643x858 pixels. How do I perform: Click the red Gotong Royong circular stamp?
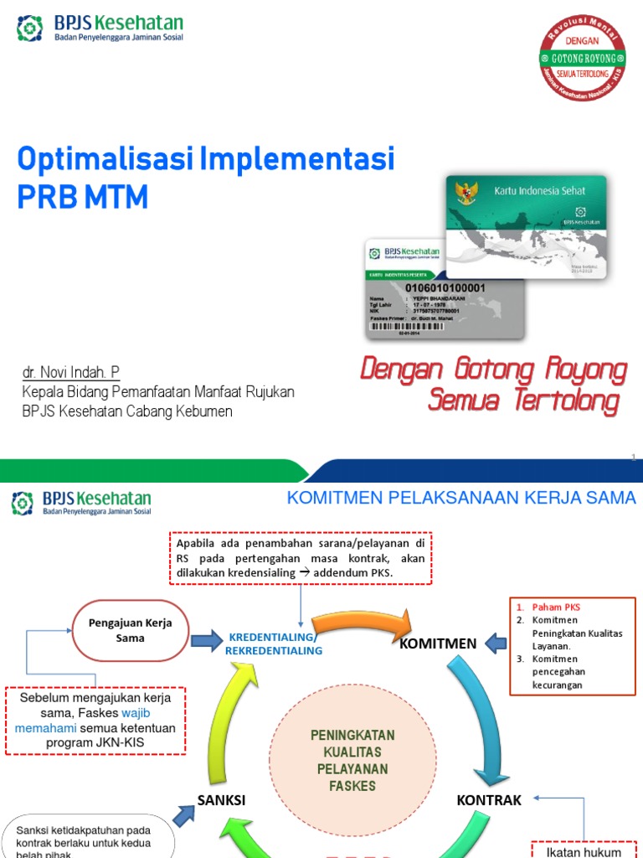(x=583, y=59)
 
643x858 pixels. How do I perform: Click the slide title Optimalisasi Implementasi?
(x=206, y=158)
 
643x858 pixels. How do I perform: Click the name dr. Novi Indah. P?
(x=76, y=372)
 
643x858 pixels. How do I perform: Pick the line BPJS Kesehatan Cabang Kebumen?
(x=126, y=411)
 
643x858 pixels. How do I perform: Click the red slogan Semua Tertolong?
(x=523, y=402)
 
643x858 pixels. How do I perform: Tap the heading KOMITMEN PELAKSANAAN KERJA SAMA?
(x=461, y=499)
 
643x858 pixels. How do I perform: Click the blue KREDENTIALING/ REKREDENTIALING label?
(x=274, y=643)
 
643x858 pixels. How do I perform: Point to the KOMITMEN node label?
(x=438, y=643)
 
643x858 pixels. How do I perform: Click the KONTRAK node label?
(x=489, y=800)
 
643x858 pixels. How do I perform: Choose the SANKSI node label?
(x=221, y=800)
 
